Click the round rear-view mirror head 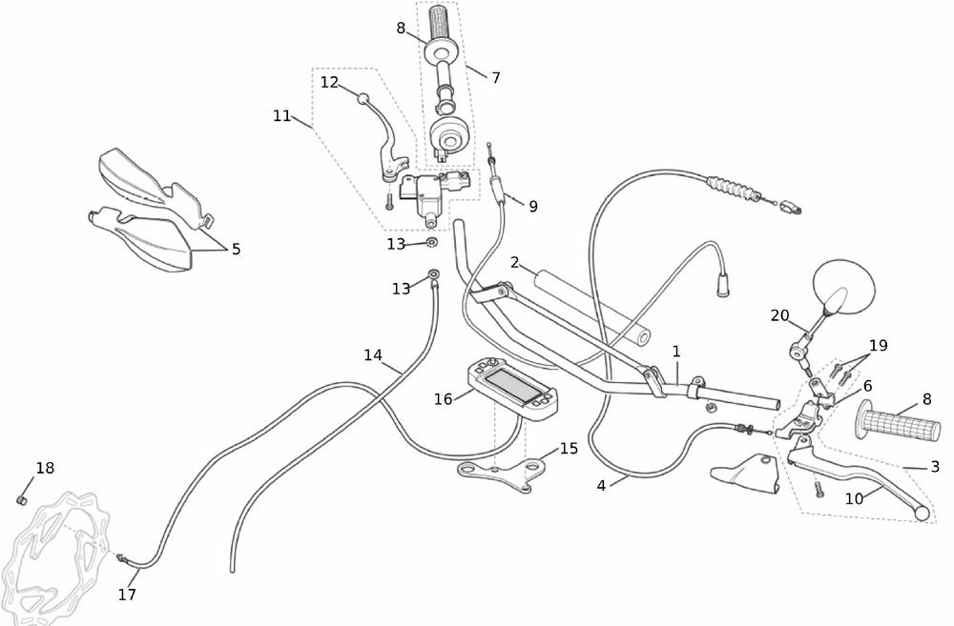[844, 286]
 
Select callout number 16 [444, 399]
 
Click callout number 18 [45, 468]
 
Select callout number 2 [514, 262]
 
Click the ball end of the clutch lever [922, 514]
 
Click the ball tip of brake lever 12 [363, 97]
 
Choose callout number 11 [281, 115]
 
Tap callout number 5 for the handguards [236, 250]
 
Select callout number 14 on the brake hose [372, 355]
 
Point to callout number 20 [780, 315]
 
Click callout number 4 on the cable [601, 485]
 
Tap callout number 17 [127, 595]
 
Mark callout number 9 [532, 206]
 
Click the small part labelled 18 [22, 498]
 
